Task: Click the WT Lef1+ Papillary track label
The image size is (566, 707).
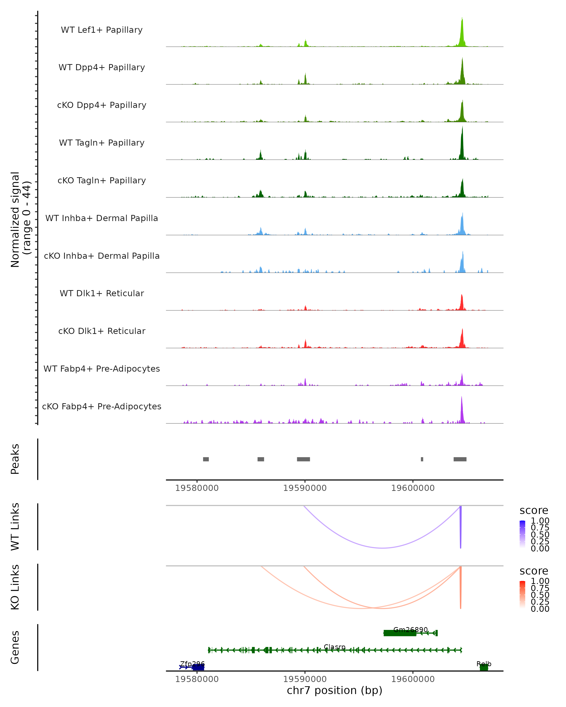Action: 102,30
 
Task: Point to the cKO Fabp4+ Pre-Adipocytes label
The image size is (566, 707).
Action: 102,406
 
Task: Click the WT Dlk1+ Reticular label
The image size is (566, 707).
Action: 102,293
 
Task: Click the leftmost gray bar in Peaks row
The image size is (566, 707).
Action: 206,459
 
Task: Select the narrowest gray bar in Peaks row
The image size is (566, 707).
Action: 422,459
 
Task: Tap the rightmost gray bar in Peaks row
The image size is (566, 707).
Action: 460,459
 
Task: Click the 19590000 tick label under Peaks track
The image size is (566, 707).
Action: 305,488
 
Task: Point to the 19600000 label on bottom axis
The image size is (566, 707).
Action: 413,679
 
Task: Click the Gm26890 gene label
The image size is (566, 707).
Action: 411,630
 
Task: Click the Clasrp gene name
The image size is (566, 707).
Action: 335,647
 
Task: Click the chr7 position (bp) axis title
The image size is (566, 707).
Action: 334,690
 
